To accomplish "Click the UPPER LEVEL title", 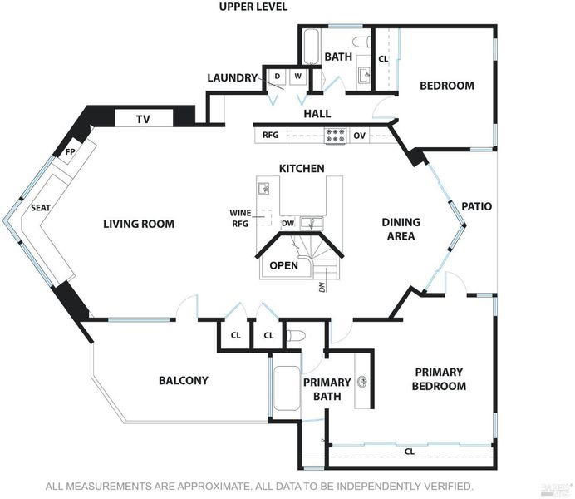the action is coord(253,7).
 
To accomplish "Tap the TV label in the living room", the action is coord(143,119).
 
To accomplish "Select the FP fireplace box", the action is coord(70,151).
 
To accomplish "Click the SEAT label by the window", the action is coord(41,208).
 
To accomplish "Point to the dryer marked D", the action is coord(278,77).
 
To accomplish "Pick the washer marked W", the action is coord(297,77).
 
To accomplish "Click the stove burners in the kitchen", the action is coord(335,135).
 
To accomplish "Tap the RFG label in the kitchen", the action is coord(271,135).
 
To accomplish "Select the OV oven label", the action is coord(359,136).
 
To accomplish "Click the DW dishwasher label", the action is coord(288,223).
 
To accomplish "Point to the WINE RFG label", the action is coord(241,218).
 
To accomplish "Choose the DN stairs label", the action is coord(322,286).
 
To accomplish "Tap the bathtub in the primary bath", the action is coord(286,388).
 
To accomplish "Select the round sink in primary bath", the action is coord(362,381).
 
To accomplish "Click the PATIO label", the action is coord(476,206).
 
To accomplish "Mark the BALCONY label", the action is coord(184,381).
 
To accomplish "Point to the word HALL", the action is coord(317,114).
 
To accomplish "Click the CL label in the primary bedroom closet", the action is coord(410,452).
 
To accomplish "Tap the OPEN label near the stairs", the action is coord(284,265).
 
